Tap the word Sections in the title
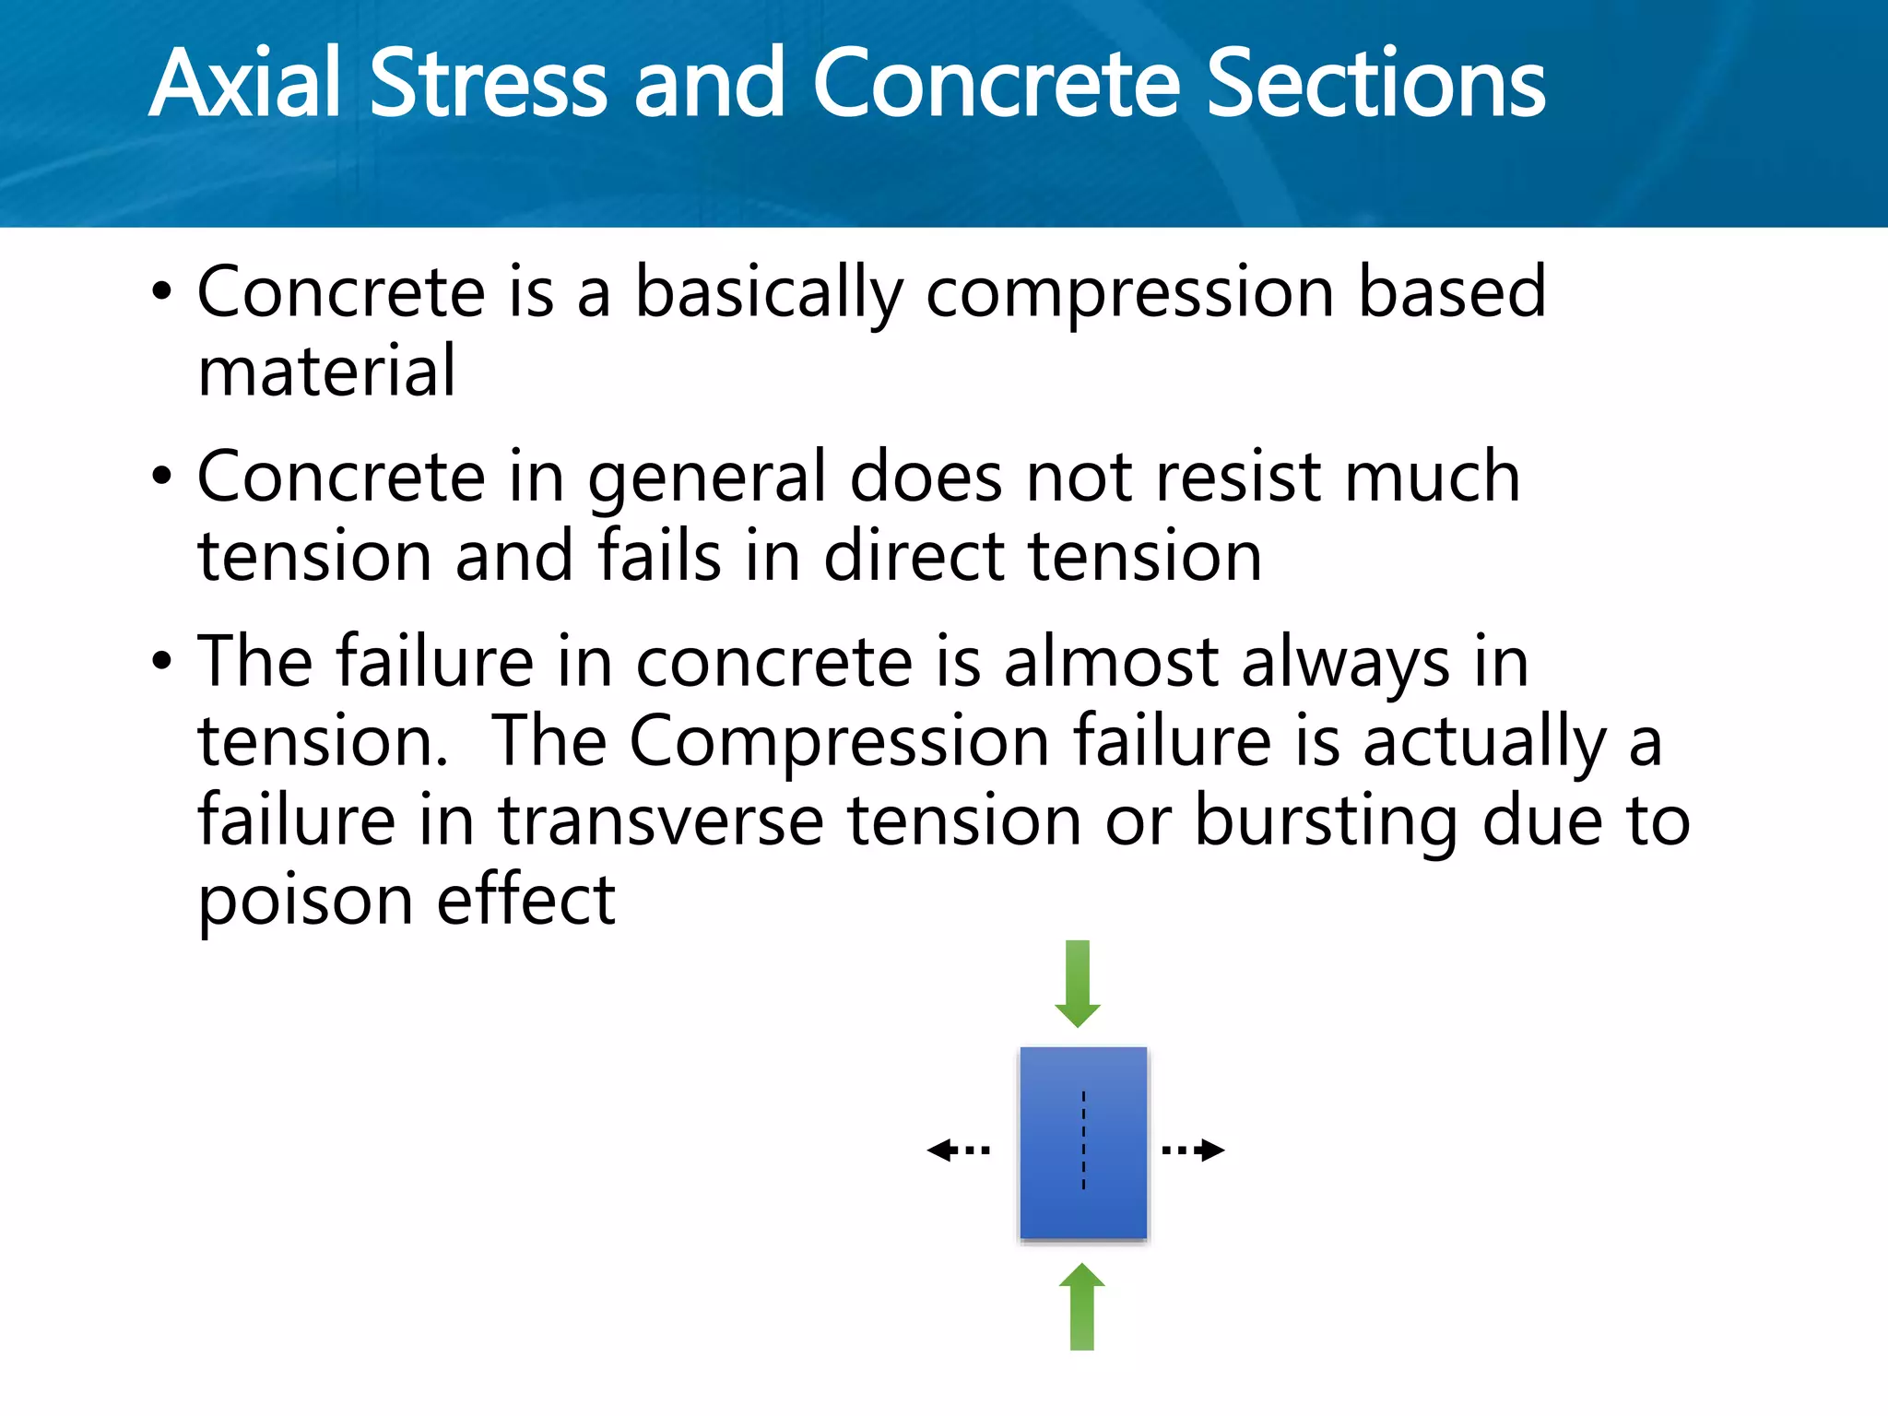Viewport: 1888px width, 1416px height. click(1375, 85)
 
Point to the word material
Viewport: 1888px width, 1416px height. click(326, 372)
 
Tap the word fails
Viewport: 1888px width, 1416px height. click(659, 557)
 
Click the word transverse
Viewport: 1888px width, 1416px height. click(661, 820)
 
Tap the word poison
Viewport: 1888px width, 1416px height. click(305, 902)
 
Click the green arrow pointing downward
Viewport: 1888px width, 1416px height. click(1077, 983)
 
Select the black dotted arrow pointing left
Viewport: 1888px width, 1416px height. click(958, 1150)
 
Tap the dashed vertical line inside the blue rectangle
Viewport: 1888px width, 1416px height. click(1083, 1141)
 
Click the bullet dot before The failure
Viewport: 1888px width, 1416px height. click(162, 662)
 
